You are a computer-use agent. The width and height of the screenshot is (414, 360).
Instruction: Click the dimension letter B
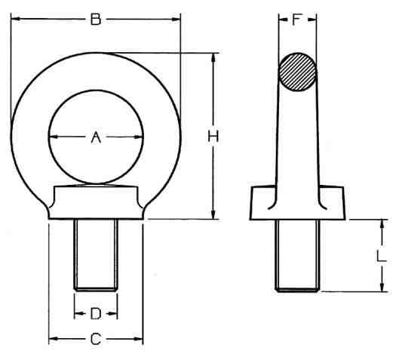96,20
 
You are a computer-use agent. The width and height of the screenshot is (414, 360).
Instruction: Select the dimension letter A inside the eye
96,137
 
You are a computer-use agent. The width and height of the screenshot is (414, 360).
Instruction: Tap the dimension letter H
213,137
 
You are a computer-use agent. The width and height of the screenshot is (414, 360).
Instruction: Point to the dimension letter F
297,20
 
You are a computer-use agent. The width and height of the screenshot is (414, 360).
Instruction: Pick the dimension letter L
381,256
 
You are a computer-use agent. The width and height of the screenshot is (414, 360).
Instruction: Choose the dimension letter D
96,314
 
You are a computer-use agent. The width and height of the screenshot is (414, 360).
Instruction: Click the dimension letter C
96,339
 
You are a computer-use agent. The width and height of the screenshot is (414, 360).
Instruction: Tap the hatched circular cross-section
298,72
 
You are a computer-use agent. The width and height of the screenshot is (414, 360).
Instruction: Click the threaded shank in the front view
96,255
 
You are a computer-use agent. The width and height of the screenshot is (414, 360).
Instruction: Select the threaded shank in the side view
297,256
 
